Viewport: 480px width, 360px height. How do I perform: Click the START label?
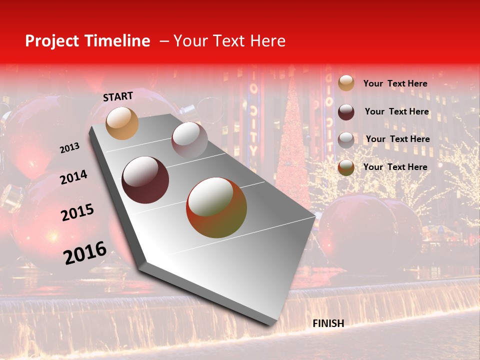[118, 96]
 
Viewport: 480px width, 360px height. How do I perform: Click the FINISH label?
[328, 323]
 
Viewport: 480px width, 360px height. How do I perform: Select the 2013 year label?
[69, 148]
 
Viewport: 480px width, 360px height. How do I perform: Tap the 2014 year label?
[73, 177]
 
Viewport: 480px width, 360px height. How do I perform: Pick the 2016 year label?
[85, 252]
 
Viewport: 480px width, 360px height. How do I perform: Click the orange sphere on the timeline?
[122, 123]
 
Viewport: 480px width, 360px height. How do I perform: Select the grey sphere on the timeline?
[189, 140]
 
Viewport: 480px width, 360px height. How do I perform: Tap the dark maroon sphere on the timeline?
[145, 180]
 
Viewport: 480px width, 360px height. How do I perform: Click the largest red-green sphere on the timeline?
[216, 207]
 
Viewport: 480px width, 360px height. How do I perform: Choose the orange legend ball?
[346, 83]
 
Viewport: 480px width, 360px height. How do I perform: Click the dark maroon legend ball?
[346, 112]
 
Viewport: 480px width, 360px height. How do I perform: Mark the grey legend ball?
[346, 140]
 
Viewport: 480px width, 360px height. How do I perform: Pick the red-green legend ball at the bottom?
[346, 167]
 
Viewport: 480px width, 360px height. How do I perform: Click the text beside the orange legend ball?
[395, 83]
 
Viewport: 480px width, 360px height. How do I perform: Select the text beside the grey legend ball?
[397, 139]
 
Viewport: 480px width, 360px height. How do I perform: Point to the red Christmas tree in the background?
[293, 150]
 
